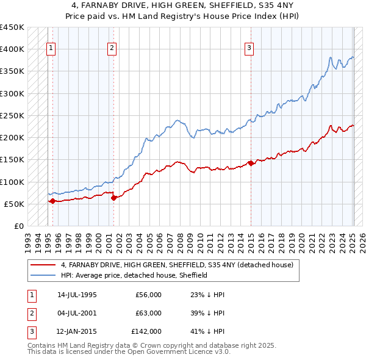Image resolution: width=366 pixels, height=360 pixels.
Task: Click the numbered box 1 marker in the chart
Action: pyautogui.click(x=51, y=50)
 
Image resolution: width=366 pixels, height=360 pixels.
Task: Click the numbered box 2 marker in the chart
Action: pyautogui.click(x=112, y=50)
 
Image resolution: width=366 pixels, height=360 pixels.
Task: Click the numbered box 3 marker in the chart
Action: pyautogui.click(x=249, y=50)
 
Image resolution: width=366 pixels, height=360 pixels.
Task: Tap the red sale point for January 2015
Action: pyautogui.click(x=251, y=163)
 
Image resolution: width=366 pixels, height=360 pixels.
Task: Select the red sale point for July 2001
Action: pyautogui.click(x=114, y=198)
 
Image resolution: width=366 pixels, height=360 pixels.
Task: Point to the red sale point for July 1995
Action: pyautogui.click(x=52, y=201)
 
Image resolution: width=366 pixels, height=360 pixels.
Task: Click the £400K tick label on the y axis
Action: pyautogui.click(x=12, y=49)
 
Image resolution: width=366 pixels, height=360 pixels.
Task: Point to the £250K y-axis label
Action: pyautogui.click(x=12, y=115)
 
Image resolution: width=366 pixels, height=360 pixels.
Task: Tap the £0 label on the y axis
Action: pyautogui.click(x=19, y=226)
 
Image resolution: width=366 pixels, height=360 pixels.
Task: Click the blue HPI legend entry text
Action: pyautogui.click(x=134, y=275)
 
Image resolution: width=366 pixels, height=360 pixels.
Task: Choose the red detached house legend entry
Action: pyautogui.click(x=177, y=265)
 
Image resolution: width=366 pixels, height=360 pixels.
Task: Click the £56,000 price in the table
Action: pyautogui.click(x=148, y=295)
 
